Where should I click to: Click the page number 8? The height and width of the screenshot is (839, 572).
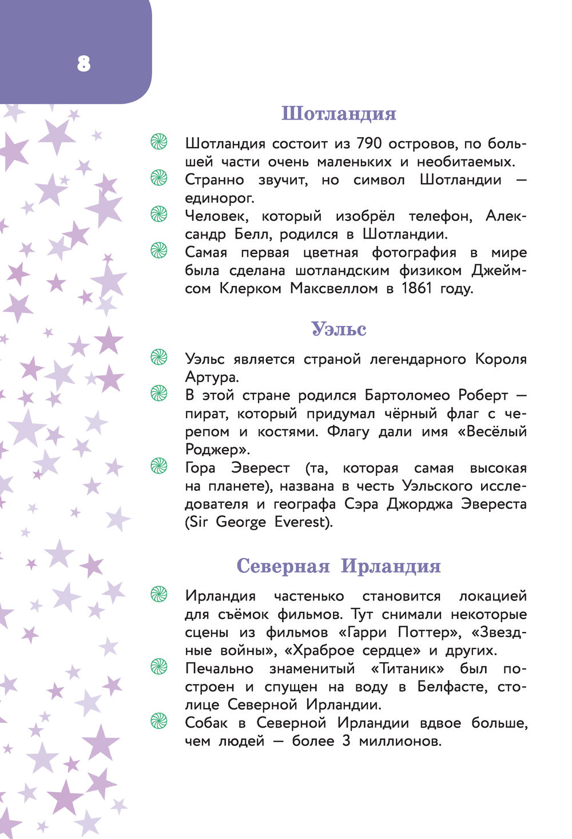pos(84,63)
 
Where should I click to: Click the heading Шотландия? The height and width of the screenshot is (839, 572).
pos(339,113)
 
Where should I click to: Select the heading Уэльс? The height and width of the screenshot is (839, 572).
pos(339,329)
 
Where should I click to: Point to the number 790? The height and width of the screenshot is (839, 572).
pos(373,143)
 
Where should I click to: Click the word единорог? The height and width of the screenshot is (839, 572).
pos(220,198)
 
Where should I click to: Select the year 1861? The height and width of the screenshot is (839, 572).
pos(416,288)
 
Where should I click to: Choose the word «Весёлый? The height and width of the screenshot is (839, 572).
pos(492,431)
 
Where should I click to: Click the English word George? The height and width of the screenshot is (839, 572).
pos(241,522)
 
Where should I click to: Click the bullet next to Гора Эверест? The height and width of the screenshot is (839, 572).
pos(158,467)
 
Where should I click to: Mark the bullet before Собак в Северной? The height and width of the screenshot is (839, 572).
pos(158,721)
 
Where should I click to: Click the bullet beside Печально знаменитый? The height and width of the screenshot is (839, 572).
pos(158,667)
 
